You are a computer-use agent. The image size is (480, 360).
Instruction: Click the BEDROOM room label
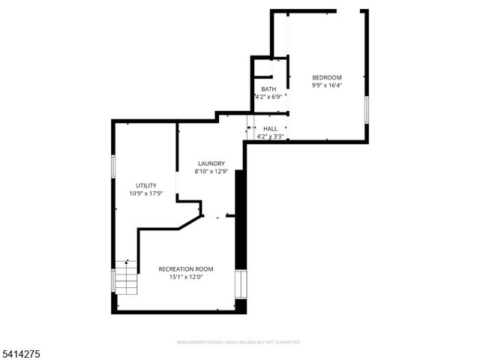pos(326,78)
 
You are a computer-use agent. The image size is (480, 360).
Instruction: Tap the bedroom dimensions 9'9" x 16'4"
pos(326,86)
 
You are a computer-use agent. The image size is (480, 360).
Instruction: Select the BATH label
pos(268,89)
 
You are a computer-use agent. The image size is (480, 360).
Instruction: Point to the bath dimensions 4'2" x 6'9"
pos(268,97)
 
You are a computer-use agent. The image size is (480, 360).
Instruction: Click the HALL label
pos(270,128)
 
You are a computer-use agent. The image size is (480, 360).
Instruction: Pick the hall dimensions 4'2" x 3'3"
pos(270,136)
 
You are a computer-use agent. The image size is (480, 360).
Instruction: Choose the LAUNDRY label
pos(211,163)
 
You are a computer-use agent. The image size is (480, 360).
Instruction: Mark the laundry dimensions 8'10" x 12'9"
pos(211,172)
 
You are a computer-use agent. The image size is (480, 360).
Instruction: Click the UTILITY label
pos(145,185)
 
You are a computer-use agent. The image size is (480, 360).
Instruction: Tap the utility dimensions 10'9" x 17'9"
pos(145,193)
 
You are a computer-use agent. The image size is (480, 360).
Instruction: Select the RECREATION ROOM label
pos(186,268)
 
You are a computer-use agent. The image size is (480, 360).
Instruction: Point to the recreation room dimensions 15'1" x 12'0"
pos(186,277)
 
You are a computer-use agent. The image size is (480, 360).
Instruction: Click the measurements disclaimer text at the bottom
pos(238,342)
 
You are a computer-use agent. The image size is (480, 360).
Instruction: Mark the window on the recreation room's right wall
pos(241,283)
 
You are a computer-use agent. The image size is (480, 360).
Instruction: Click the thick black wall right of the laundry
pos(241,217)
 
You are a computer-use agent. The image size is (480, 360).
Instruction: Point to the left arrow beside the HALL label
pos(250,128)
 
